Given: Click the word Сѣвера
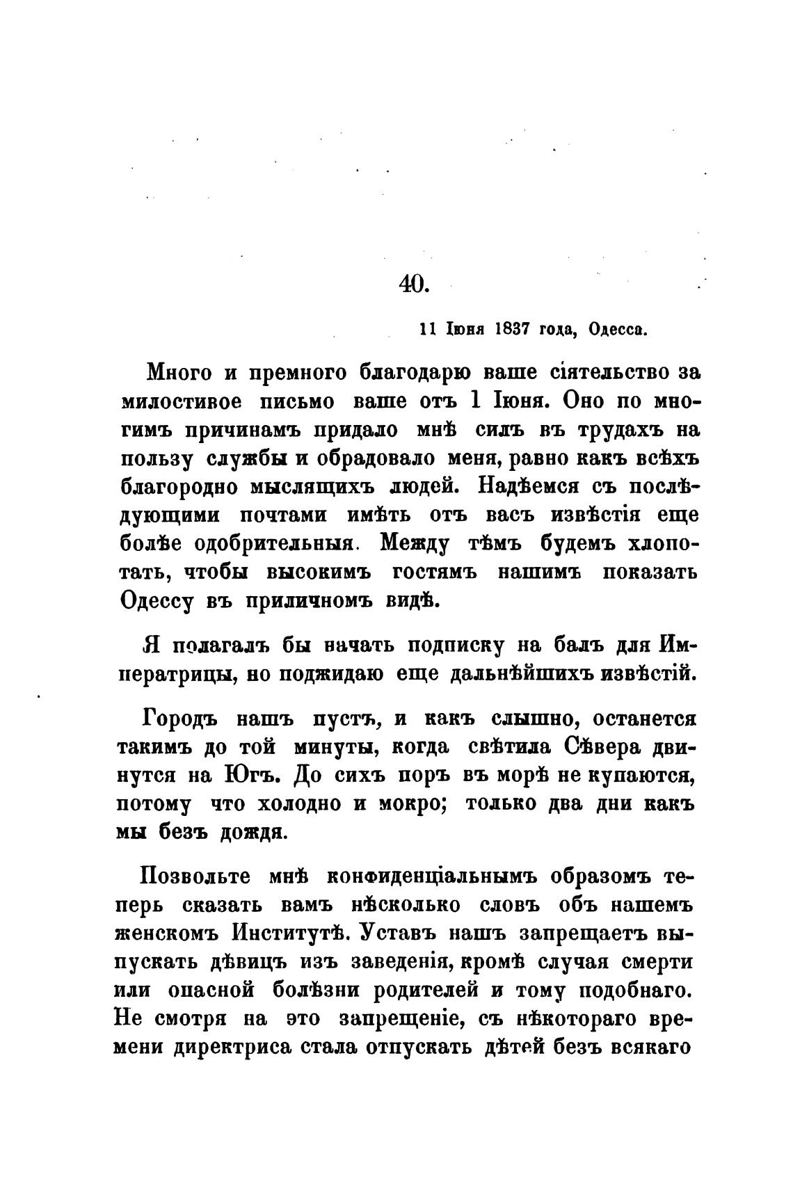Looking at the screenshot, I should click(x=602, y=746).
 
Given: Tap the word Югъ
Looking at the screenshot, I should click(x=251, y=775).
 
